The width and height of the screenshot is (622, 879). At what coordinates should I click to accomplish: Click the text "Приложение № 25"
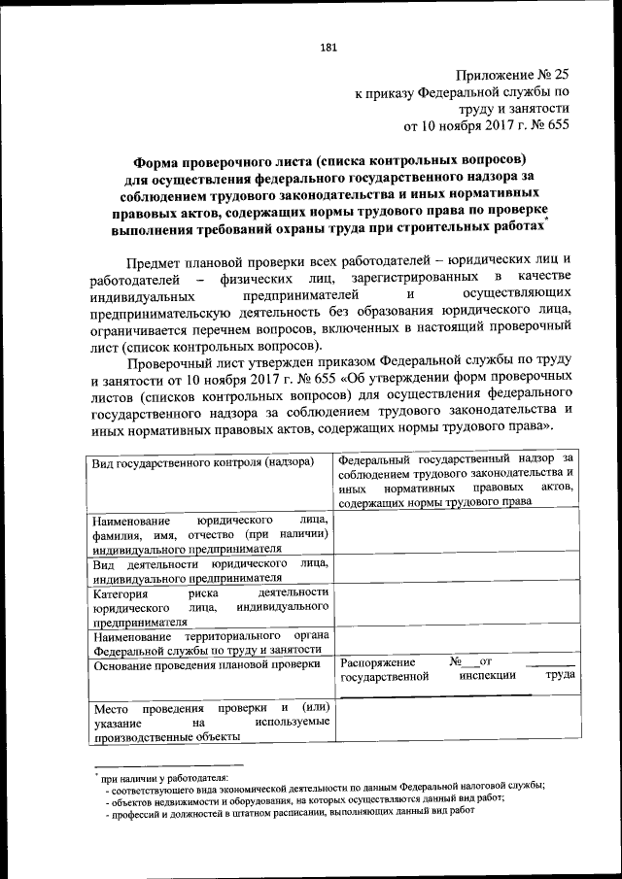pos(511,75)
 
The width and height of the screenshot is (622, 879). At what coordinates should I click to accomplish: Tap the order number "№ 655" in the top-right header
pos(547,124)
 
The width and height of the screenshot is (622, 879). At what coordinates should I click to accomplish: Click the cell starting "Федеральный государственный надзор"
pos(454,479)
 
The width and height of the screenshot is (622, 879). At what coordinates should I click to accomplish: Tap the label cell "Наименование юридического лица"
pos(210,534)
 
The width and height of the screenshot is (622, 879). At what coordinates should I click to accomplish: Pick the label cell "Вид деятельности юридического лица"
pos(210,569)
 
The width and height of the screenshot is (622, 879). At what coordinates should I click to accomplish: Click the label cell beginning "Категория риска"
pos(210,607)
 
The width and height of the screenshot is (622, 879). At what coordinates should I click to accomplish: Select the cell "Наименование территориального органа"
pos(210,643)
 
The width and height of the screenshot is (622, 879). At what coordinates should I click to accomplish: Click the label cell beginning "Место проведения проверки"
pos(210,723)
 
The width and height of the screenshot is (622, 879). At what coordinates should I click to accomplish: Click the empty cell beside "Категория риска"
pos(454,607)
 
